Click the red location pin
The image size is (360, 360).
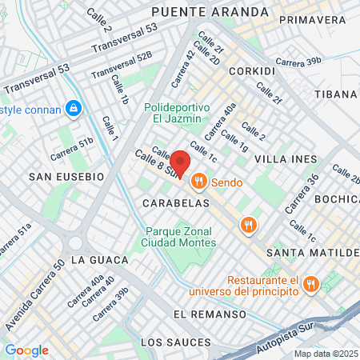180,164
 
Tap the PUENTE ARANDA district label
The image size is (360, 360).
210,12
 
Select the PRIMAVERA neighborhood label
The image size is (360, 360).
313,19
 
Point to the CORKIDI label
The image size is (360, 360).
251,71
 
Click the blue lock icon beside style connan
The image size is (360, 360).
74,106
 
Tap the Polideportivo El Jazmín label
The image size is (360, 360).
177,114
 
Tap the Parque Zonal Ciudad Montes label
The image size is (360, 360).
180,238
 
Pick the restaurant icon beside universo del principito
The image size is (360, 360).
311,284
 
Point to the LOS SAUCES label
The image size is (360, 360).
175,342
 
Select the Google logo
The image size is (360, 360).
26,350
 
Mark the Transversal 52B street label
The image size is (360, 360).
122,66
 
